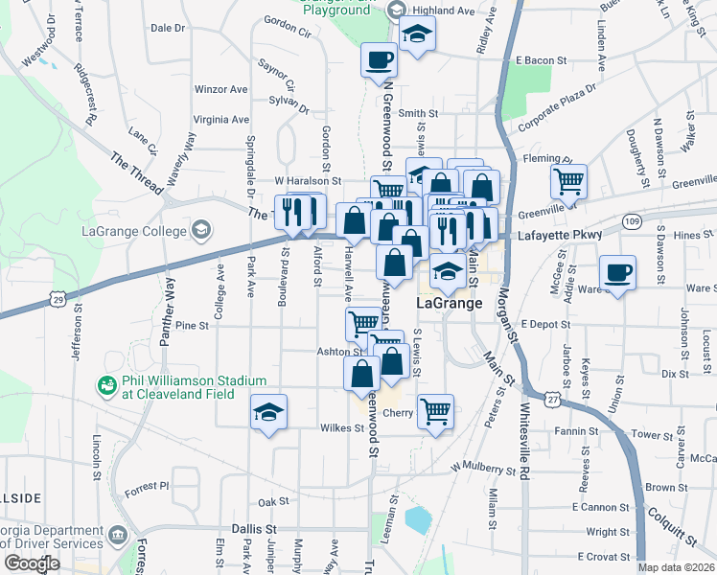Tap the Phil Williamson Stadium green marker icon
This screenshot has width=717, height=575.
pyautogui.click(x=105, y=385)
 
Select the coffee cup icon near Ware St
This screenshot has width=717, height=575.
pyautogui.click(x=616, y=273)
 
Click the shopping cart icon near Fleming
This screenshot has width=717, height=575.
pyautogui.click(x=568, y=179)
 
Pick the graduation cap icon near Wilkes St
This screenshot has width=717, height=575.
pyautogui.click(x=269, y=412)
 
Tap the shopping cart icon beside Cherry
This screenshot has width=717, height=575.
pyautogui.click(x=435, y=411)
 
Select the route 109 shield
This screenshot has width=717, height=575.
pyautogui.click(x=631, y=221)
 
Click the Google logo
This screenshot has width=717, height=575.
pyautogui.click(x=32, y=564)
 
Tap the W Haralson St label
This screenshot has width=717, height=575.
pyautogui.click(x=308, y=180)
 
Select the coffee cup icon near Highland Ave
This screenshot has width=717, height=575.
pyautogui.click(x=379, y=60)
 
